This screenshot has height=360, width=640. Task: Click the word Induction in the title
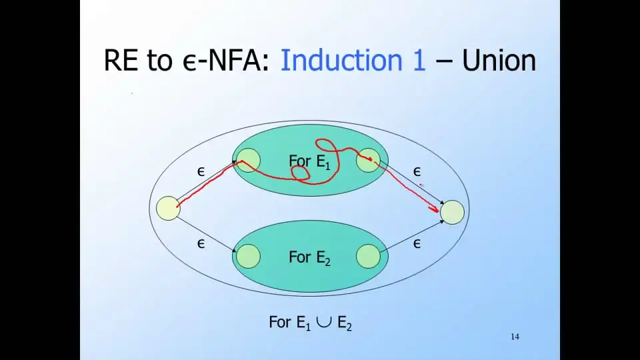pos(341,61)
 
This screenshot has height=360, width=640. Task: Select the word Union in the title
pos(499,61)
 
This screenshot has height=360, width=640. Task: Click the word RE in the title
pos(121,61)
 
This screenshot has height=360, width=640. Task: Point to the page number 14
pos(515,337)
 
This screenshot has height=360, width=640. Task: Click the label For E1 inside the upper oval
pos(309,161)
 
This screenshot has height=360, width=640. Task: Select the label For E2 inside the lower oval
pos(309,257)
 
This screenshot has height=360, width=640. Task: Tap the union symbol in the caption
pos(324,323)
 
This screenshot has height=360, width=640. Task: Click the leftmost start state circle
pos(168,208)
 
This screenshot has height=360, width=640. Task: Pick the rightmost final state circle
pos(452,212)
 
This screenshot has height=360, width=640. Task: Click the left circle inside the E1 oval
pos(248,161)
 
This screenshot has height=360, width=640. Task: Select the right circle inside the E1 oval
pos(368,161)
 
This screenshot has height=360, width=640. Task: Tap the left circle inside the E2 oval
pos(248,256)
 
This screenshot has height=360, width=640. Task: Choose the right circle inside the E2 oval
pos(368,256)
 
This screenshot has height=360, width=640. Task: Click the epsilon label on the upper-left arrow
pos(201,172)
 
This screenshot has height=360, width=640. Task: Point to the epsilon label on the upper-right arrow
pos(417,172)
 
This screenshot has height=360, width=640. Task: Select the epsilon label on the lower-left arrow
pos(201,244)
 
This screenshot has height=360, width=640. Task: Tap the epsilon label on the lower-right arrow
pos(417,244)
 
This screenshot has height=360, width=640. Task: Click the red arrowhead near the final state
pos(435,209)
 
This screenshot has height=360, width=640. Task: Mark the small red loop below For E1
pos(301,173)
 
